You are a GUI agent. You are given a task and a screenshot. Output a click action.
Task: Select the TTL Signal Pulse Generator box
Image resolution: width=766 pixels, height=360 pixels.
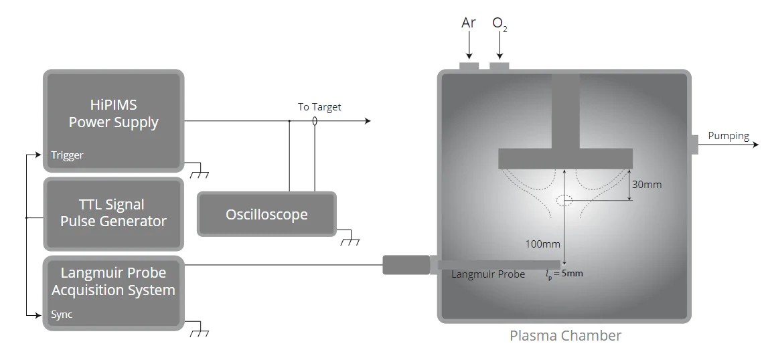(113, 213)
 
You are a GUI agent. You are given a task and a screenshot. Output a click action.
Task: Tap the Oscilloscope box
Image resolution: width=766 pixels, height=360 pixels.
(266, 214)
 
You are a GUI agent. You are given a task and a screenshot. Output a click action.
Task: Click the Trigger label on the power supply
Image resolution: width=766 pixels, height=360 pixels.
(67, 155)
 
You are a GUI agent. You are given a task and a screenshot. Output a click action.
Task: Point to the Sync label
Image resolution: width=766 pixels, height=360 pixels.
(62, 314)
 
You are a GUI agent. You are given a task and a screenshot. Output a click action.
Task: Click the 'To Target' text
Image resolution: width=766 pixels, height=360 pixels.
(319, 107)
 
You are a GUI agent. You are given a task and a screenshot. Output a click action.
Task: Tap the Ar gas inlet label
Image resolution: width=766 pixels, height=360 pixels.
(469, 23)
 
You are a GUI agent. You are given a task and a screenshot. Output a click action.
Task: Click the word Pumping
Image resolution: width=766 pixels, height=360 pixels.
(729, 136)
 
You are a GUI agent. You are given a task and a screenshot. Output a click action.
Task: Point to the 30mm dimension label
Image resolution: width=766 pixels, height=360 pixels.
(647, 184)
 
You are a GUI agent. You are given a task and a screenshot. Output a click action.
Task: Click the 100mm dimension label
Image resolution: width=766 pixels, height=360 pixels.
(542, 244)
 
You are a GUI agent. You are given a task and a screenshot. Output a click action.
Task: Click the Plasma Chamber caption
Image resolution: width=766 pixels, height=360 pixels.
(565, 336)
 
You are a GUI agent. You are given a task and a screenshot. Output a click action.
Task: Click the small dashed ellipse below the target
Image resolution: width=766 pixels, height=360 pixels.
(564, 199)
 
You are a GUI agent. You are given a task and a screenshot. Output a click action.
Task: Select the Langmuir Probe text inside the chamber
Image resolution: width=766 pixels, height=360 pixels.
(488, 274)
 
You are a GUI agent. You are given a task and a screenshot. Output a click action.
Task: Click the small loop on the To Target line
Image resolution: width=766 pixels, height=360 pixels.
(315, 122)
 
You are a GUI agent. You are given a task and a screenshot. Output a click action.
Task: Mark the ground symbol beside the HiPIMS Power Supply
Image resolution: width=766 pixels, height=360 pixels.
(199, 174)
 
